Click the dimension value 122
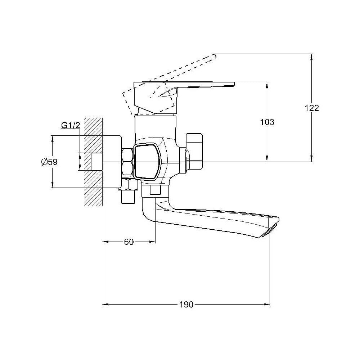tap(312, 108)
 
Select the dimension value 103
tap(267, 122)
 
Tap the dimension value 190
tap(186, 305)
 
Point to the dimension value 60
tap(129, 242)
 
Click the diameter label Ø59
tap(49, 162)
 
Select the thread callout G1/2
tap(71, 125)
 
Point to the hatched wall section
tap(93, 162)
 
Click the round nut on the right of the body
tap(195, 152)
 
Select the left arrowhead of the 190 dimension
tap(105, 305)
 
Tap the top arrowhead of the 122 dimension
tap(311, 57)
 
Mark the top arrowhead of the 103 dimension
tap(267, 85)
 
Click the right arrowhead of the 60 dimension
tap(152, 242)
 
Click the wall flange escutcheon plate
tap(112, 162)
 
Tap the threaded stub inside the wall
tap(96, 162)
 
